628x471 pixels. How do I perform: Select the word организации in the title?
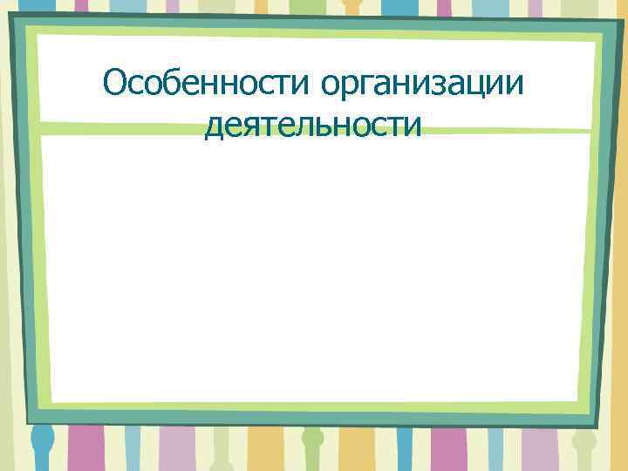[424, 85]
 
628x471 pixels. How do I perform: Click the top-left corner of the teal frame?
[12, 18]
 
